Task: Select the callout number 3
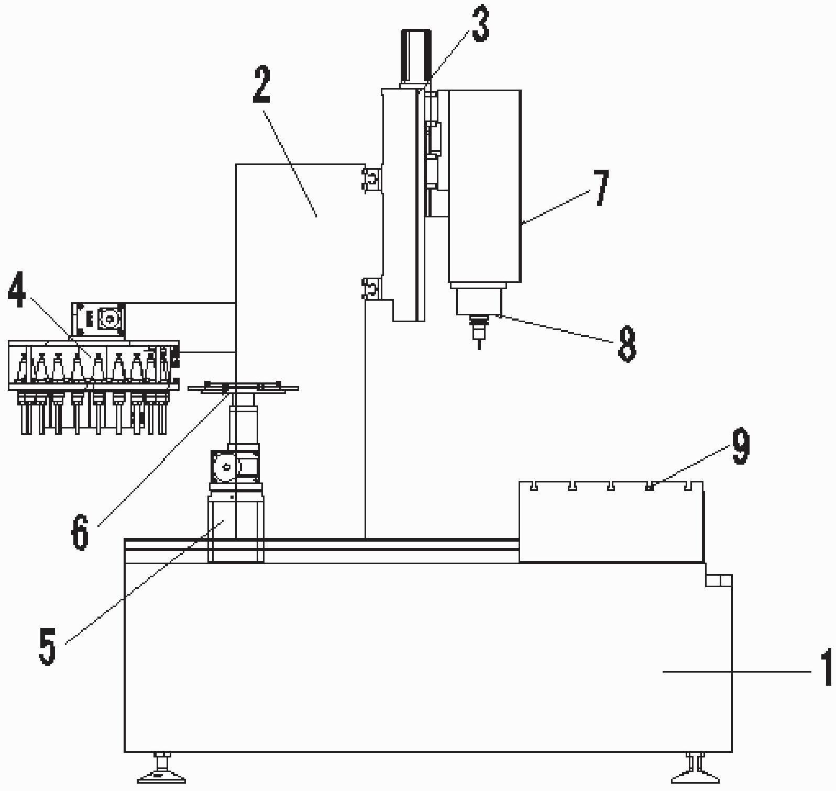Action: click(x=480, y=23)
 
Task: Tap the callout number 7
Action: click(x=601, y=188)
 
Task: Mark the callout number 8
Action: click(x=626, y=343)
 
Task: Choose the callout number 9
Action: click(x=740, y=446)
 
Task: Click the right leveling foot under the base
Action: click(x=695, y=767)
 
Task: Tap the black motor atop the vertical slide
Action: click(x=416, y=56)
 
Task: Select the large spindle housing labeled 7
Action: click(x=484, y=186)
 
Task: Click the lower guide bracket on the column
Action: click(x=371, y=289)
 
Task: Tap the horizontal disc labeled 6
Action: click(x=243, y=388)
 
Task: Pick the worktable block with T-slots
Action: click(x=611, y=522)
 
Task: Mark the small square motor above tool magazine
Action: click(x=98, y=320)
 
